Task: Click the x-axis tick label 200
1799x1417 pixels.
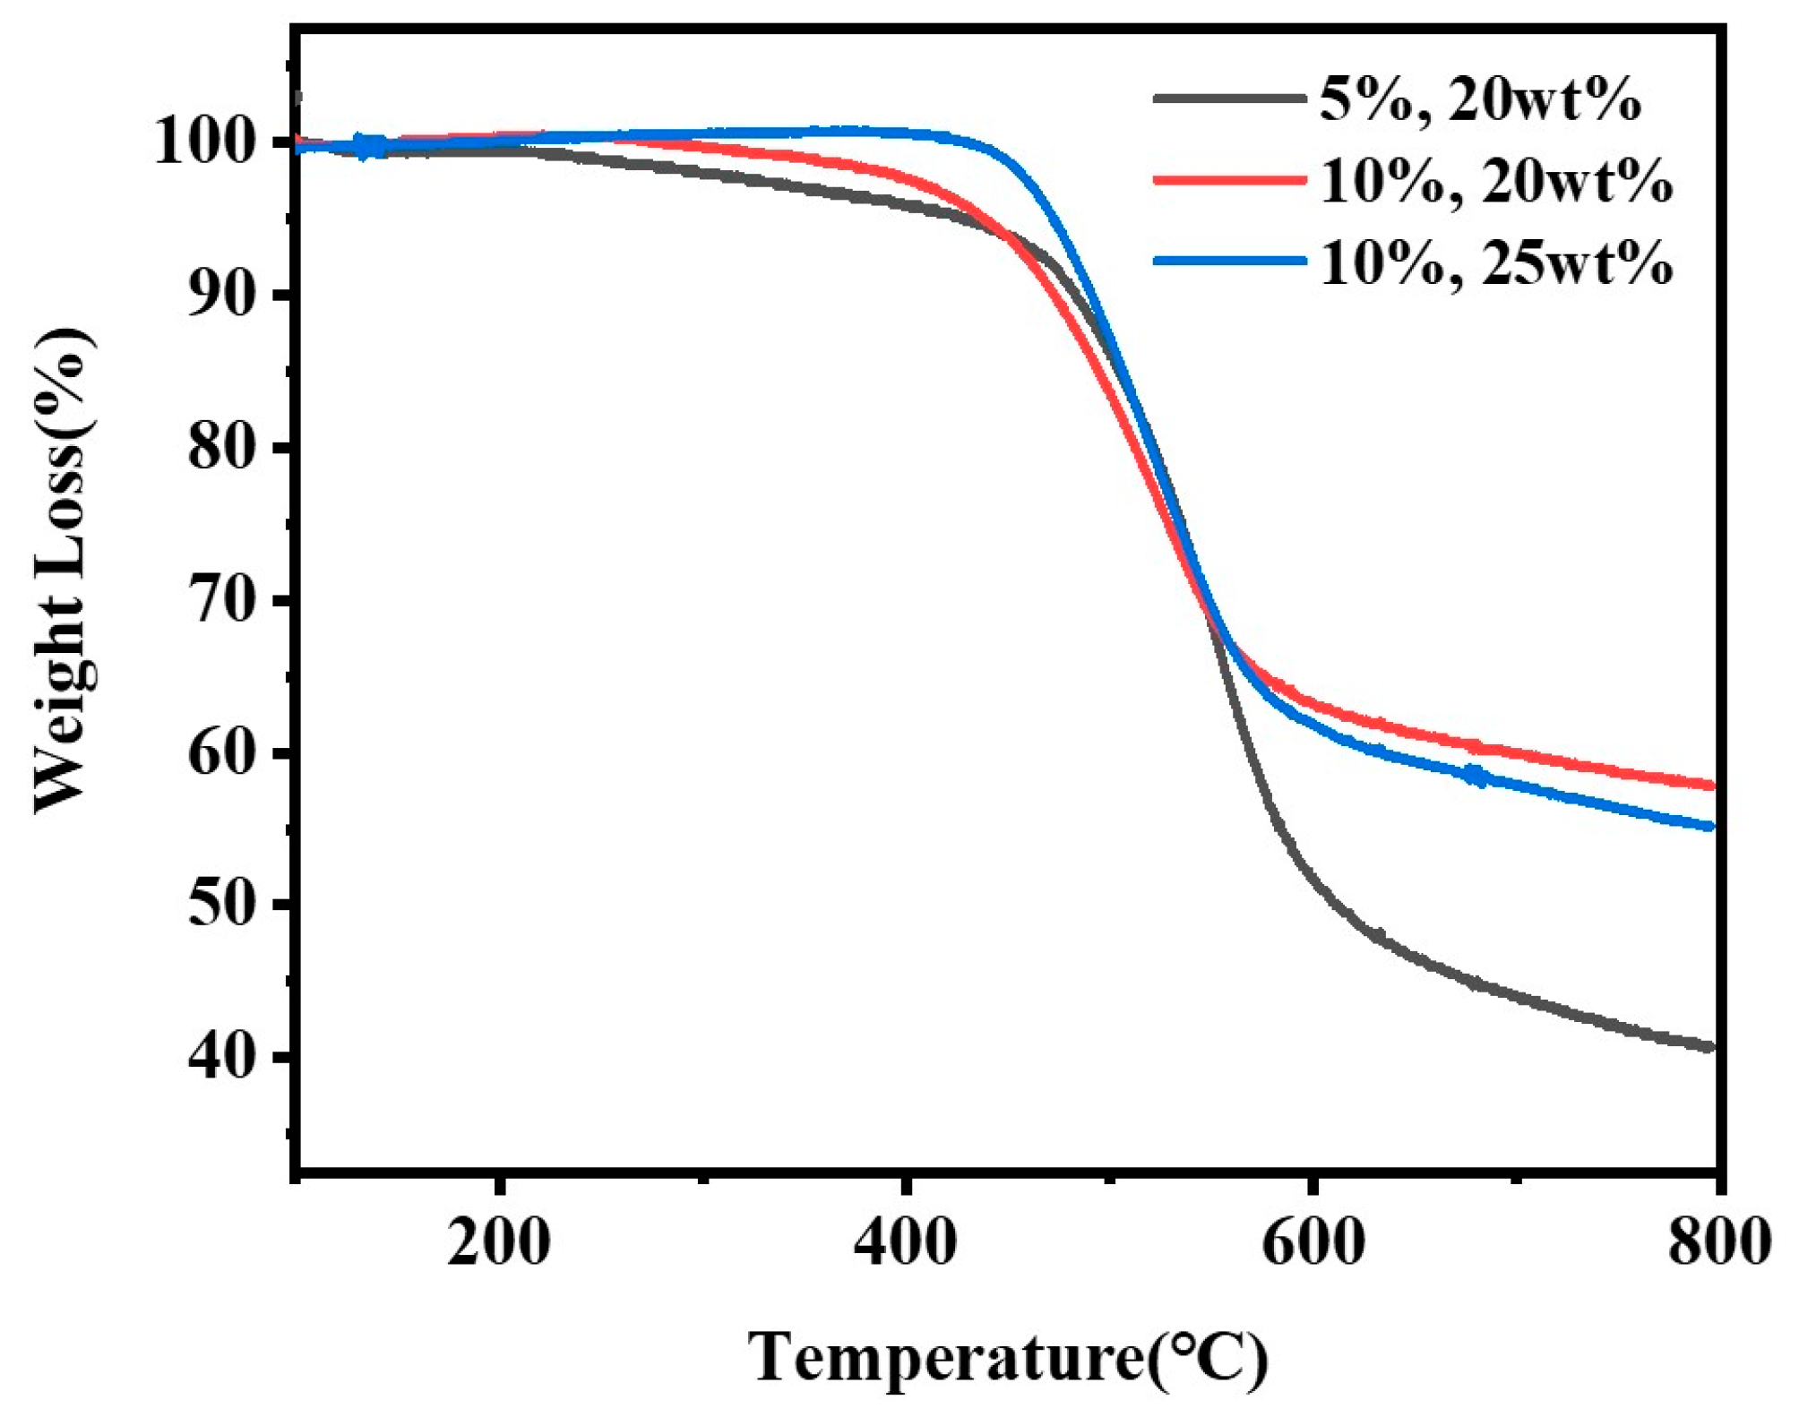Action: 498,1243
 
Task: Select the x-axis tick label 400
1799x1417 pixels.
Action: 905,1243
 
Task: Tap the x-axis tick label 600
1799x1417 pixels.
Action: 1313,1243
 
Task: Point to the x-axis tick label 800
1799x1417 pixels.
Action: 1718,1243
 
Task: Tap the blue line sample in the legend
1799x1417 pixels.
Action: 1229,261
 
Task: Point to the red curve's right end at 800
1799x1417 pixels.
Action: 1709,786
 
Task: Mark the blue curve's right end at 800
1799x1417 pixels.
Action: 1709,826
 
